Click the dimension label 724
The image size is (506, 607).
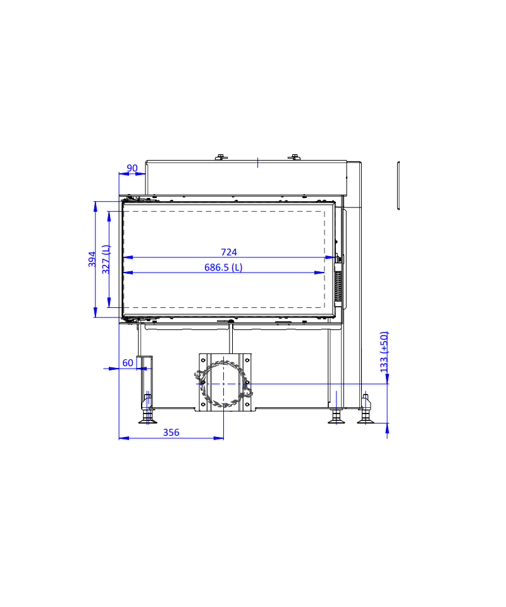point(229,252)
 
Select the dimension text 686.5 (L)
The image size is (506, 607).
point(223,267)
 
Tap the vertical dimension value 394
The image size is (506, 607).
point(92,259)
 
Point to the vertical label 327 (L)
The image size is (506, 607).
point(106,259)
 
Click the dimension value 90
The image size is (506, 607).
point(132,168)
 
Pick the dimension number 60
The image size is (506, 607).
point(128,363)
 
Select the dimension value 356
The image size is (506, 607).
point(171,432)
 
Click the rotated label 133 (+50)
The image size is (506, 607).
point(384,352)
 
